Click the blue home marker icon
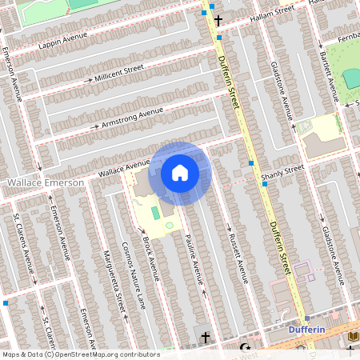(x=180, y=173)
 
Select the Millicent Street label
(x=118, y=74)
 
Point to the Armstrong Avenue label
(x=132, y=117)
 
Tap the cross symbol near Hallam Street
(x=218, y=18)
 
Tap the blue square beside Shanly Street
(x=265, y=182)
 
